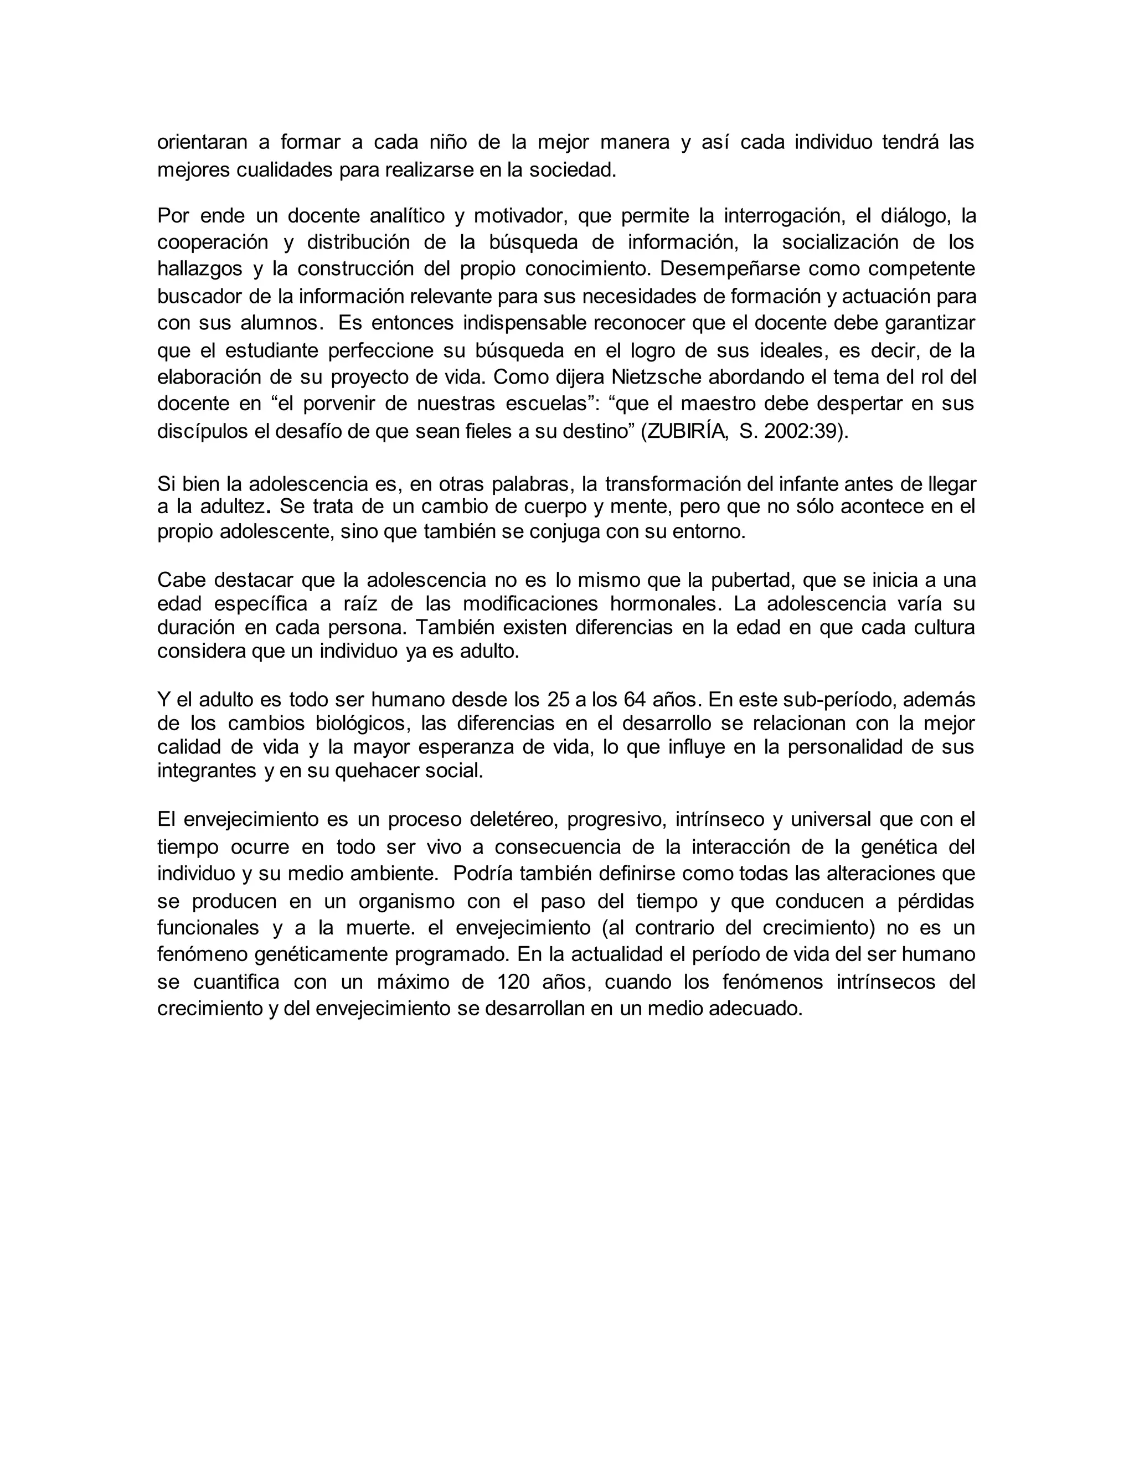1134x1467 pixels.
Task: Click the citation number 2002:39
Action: [800, 431]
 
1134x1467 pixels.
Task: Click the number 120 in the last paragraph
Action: [514, 982]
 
